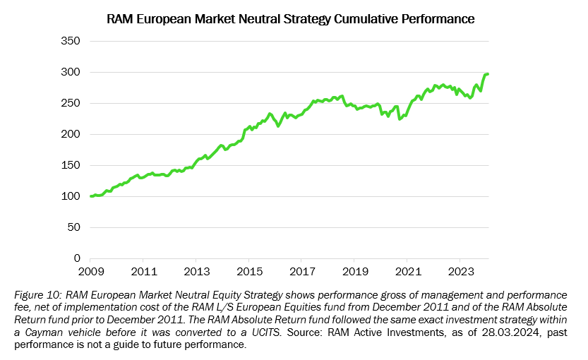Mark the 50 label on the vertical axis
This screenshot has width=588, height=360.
pos(73,228)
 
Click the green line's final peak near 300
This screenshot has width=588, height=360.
pos(486,74)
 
